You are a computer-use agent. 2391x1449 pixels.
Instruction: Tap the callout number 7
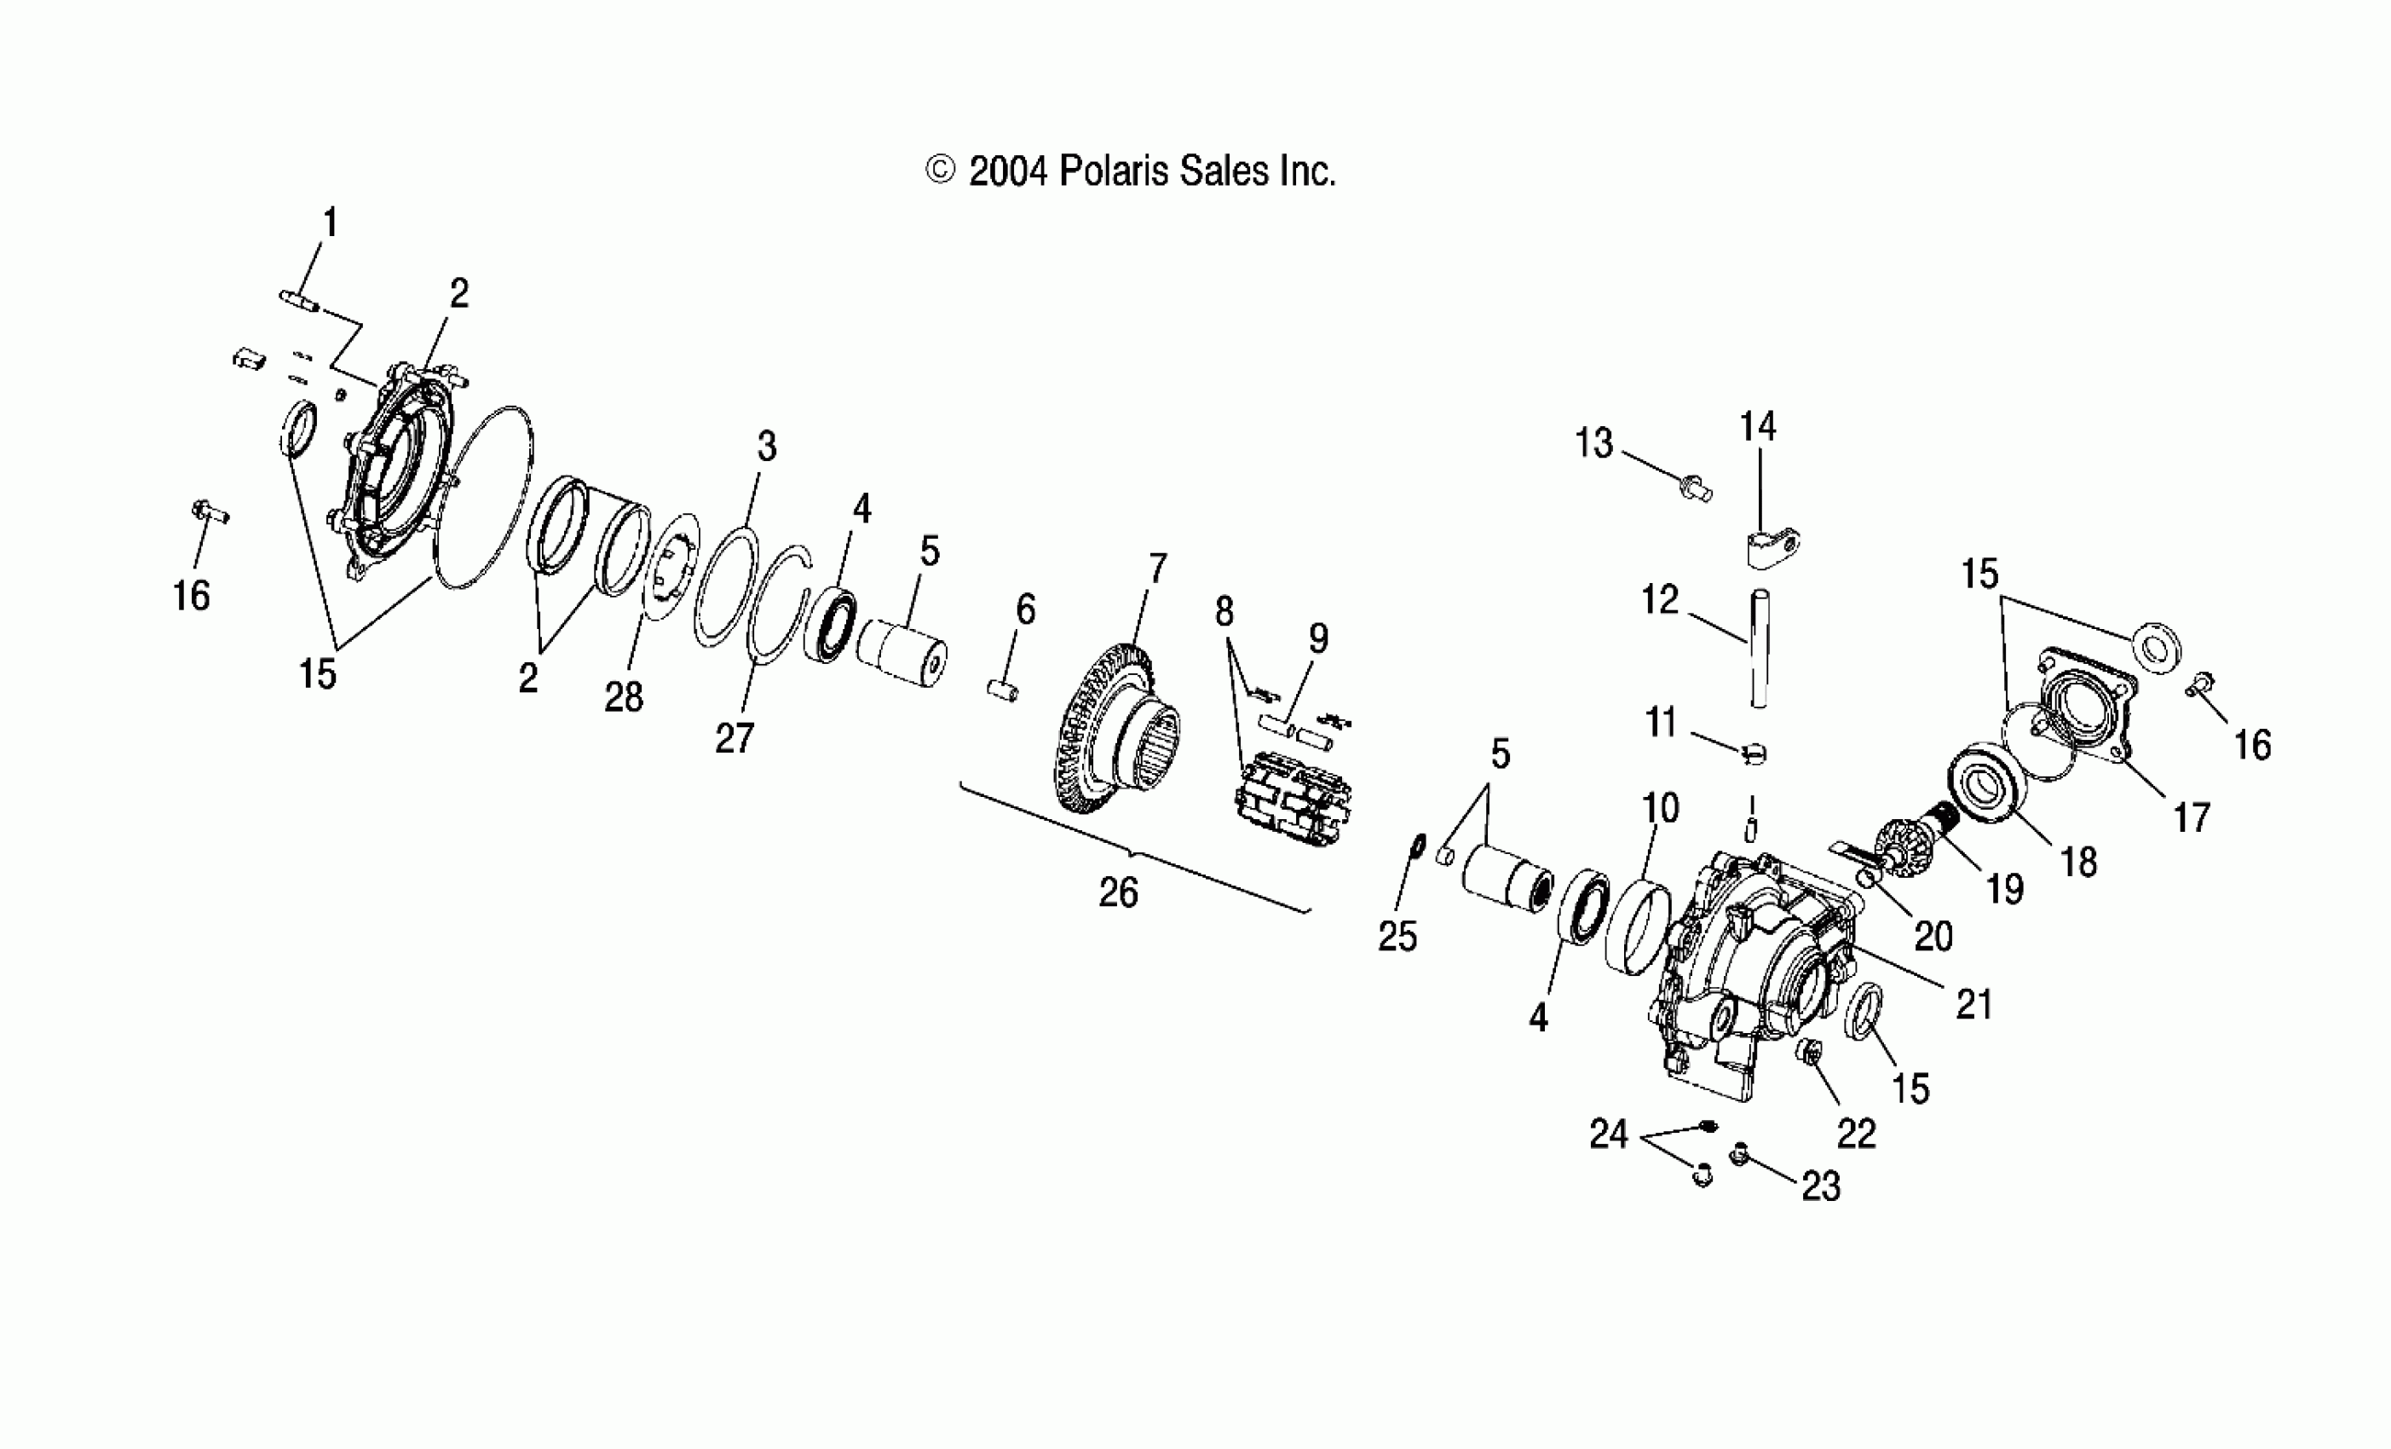tap(1156, 569)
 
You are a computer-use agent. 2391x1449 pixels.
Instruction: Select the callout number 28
tap(623, 697)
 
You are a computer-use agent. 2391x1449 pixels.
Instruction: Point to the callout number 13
tap(1593, 443)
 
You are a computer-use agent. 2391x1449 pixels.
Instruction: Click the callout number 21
tap(1973, 1004)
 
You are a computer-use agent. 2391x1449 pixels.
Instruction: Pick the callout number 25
tap(1397, 937)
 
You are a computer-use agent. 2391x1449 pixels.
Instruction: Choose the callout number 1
tap(330, 223)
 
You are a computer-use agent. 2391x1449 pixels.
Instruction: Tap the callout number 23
tap(1820, 1186)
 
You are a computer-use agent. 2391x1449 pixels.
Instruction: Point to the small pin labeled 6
tap(1002, 692)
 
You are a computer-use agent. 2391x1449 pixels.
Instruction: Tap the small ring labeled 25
tap(1416, 847)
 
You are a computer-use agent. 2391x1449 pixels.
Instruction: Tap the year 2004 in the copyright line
tap(1008, 172)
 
